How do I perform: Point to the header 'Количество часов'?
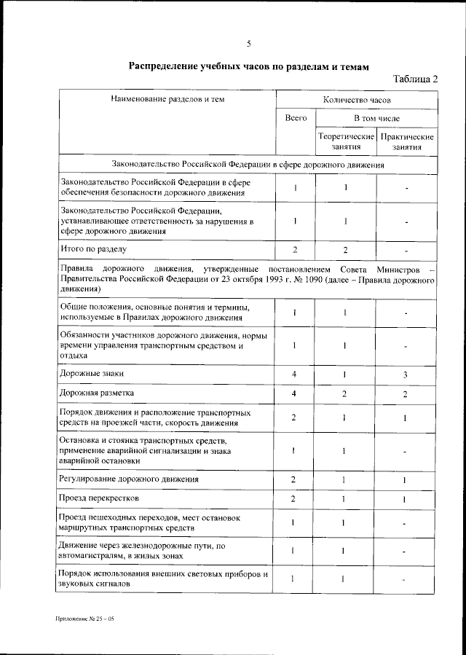357,98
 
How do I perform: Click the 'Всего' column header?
295,117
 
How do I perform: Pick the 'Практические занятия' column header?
407,141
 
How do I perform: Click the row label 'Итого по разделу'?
93,249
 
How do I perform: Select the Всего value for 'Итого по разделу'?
295,250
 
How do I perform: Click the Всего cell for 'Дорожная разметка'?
295,394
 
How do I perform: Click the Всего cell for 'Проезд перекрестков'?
295,498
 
